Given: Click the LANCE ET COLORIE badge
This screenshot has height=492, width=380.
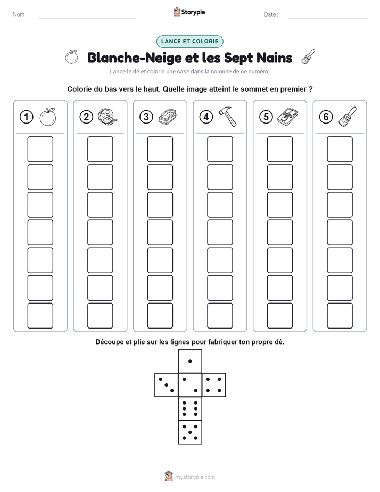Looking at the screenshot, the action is tap(189, 42).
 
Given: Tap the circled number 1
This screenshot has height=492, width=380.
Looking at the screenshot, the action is tap(26, 117).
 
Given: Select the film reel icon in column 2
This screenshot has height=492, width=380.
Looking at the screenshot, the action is tap(108, 117).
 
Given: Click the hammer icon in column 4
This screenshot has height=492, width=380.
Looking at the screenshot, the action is tap(227, 117).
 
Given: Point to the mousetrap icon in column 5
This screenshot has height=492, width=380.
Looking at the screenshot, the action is tap(287, 117).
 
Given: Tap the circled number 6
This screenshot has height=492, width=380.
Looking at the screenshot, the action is tap(326, 117).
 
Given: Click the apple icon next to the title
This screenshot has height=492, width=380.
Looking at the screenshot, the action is tap(71, 57).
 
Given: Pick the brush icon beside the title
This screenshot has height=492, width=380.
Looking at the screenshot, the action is tap(308, 57).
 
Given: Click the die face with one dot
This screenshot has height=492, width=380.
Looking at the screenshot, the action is tap(190, 361).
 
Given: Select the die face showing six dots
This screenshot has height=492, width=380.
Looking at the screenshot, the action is tap(190, 408).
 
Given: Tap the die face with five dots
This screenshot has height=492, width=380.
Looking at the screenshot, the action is tap(190, 432).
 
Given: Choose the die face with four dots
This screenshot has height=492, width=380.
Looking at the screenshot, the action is tap(214, 385).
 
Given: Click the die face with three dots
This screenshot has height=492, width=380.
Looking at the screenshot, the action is tap(167, 385).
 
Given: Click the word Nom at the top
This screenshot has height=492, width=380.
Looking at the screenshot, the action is tap(19, 14).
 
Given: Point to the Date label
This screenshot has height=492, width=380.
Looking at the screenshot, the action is tap(270, 14).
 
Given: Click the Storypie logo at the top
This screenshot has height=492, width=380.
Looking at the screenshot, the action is tap(189, 12).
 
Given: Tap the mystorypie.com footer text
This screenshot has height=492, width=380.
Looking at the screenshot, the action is tap(195, 477).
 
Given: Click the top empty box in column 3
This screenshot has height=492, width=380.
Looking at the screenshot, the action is tap(160, 149).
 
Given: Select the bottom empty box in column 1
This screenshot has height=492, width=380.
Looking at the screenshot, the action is tap(40, 316).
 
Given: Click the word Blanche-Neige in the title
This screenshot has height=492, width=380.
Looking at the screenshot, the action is tap(135, 58).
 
